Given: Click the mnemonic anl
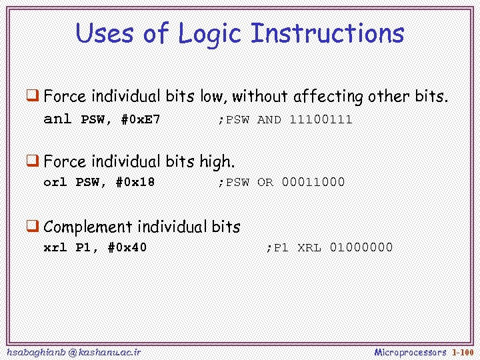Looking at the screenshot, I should point(57,120).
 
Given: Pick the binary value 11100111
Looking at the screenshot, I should point(321,120).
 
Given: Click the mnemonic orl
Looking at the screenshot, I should point(55,181).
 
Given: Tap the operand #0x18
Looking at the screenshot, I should point(135,181).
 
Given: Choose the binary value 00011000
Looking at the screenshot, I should point(313,181).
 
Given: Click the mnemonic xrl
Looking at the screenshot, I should point(55,247).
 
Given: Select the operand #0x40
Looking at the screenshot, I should point(127,247).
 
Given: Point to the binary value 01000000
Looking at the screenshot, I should point(361,247).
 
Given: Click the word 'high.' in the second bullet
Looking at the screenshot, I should point(217,162).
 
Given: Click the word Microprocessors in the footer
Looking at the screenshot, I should point(410,351).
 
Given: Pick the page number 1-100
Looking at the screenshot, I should point(463,351).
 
